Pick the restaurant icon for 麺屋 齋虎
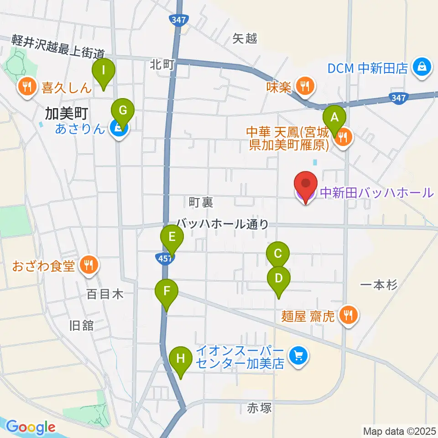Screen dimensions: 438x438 pyautogui.click(x=349, y=316)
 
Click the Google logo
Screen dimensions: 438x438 pyautogui.click(x=31, y=428)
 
